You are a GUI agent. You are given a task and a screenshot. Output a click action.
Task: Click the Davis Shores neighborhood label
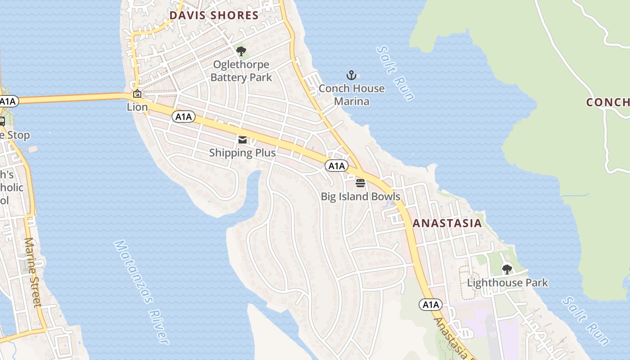point(214,16)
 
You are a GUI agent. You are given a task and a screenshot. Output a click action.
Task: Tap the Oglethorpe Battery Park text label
point(241,71)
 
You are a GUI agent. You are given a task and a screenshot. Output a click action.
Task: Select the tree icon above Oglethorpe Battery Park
point(241,51)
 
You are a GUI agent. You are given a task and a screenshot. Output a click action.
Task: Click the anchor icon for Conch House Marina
point(351,75)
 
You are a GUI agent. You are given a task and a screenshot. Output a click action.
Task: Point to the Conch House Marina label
point(351,94)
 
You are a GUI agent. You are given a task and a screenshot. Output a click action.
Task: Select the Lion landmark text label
point(137,107)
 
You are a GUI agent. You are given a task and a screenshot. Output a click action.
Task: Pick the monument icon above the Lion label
point(137,94)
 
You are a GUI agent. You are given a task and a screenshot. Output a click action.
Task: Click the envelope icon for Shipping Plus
point(243,140)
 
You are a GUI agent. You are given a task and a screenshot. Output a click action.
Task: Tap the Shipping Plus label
point(243,153)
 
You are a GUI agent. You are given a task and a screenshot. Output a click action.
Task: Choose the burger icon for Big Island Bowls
point(360,183)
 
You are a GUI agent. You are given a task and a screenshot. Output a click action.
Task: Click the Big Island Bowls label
point(360,197)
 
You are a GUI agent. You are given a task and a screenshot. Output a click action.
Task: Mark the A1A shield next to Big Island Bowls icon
point(336,166)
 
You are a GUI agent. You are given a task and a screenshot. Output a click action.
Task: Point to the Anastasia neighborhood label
point(447,223)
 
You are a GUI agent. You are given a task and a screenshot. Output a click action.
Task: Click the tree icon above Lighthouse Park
point(507,270)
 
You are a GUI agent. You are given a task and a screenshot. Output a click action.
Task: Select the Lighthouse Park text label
point(508,283)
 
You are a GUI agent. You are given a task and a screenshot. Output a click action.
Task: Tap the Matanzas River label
point(141,292)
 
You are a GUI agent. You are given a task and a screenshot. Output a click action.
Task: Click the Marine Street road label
point(33,272)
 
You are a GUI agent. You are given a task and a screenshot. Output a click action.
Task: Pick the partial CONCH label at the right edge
point(607,102)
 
